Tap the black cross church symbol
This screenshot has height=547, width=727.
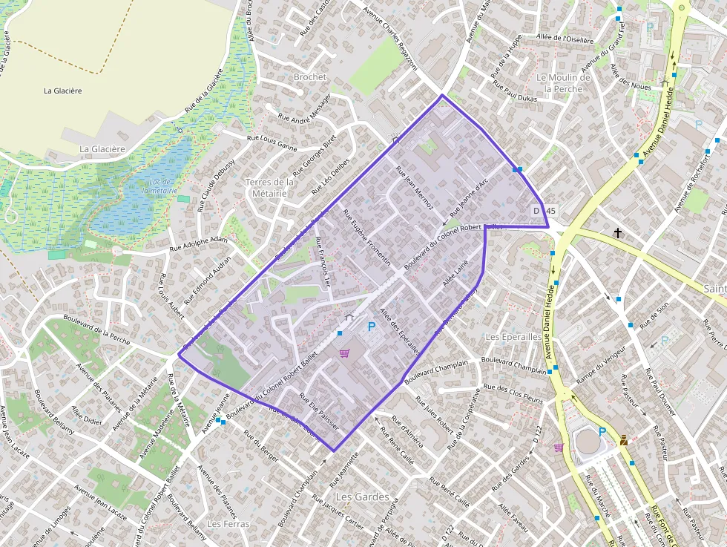tap(618, 233)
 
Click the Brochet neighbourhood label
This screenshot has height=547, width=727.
tap(310, 76)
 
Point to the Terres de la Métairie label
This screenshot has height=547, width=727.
tap(269, 188)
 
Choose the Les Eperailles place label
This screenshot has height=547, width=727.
tap(513, 336)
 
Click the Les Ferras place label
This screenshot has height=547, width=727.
tap(228, 523)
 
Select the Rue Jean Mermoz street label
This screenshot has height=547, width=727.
tap(415, 187)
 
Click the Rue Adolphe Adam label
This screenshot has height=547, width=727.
tap(199, 244)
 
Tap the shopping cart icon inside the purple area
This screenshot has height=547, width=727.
tap(343, 353)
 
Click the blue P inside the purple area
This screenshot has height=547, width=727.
tap(372, 327)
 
